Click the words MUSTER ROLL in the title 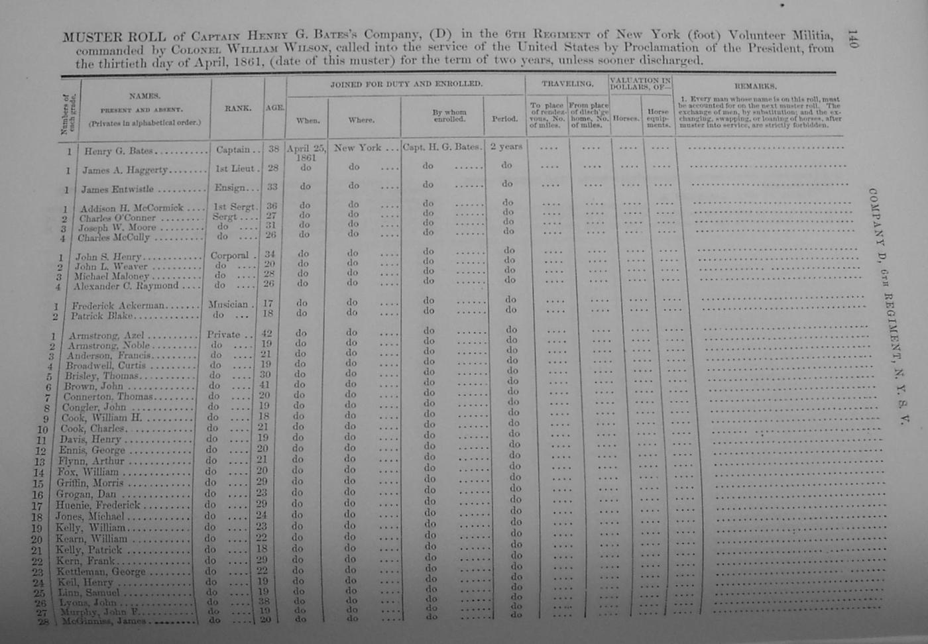[113, 36]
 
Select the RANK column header [237, 108]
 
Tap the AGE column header [274, 107]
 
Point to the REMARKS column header [755, 86]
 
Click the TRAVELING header [567, 84]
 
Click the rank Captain [233, 150]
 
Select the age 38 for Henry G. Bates [273, 149]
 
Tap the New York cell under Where [357, 148]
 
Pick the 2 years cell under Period [506, 146]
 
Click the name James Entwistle [117, 189]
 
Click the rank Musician [227, 305]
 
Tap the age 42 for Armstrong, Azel [269, 334]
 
